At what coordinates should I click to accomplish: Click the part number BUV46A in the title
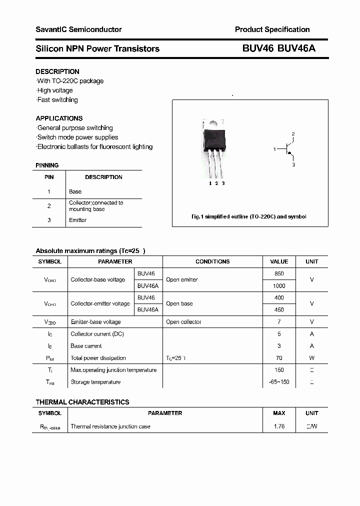tap(296, 48)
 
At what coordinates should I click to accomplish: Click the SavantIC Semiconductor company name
tap(78, 29)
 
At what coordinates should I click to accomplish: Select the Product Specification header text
tap(272, 29)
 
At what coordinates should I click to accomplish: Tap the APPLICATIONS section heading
tap(59, 118)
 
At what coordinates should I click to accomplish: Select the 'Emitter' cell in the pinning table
tap(77, 220)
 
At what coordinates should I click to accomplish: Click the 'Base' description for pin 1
tap(75, 191)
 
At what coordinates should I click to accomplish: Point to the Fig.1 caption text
tap(249, 216)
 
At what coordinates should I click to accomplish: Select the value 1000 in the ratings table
tap(279, 286)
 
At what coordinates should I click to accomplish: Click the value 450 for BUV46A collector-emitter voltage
tap(279, 310)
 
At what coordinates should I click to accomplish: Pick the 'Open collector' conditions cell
tap(183, 322)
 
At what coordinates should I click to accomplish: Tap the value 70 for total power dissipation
tap(279, 358)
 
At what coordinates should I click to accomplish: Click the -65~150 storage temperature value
tap(279, 382)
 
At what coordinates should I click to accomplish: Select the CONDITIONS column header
tap(212, 261)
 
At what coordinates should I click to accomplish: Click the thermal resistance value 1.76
tap(279, 426)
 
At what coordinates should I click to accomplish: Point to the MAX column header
tap(279, 413)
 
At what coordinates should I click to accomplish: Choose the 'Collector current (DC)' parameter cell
tap(97, 334)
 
